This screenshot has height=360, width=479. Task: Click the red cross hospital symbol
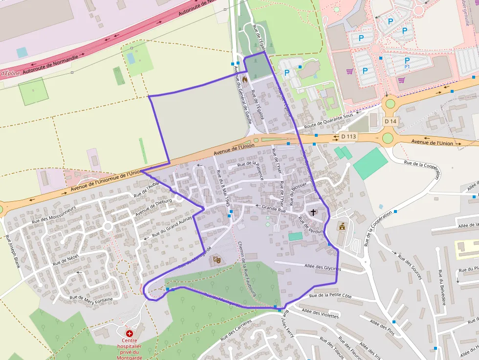coord(130,333)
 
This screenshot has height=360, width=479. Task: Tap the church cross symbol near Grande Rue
coord(313,212)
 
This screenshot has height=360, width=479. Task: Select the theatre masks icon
coord(217,260)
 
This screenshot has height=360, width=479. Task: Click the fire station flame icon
coord(244,79)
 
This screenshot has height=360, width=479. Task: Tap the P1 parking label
coord(407,66)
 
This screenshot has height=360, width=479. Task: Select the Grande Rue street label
coord(274,209)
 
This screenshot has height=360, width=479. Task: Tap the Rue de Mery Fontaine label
coord(91,298)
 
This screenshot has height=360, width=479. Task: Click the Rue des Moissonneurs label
coord(54,214)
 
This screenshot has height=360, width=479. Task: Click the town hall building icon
coord(342,227)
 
